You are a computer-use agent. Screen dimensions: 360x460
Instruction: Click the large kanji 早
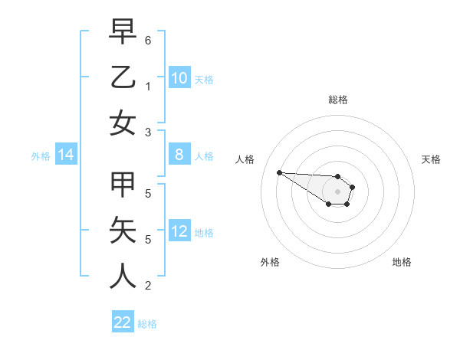[123, 32]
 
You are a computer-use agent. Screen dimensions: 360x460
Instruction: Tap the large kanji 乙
[123, 77]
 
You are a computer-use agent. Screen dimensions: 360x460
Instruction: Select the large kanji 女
[123, 123]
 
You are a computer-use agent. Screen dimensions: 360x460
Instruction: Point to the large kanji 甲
[123, 186]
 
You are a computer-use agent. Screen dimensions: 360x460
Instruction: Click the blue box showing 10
[179, 77]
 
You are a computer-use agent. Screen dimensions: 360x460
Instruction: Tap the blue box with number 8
[179, 155]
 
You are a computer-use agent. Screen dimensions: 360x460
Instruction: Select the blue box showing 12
[179, 231]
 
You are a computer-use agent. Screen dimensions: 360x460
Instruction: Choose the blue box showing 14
[66, 155]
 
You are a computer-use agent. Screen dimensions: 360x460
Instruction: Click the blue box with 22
[123, 322]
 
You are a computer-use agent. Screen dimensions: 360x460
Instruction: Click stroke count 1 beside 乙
[148, 86]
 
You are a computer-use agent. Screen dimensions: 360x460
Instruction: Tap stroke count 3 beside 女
[148, 131]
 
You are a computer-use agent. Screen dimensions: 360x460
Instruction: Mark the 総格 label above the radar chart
[337, 100]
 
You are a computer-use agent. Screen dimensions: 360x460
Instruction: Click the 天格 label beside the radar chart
[432, 159]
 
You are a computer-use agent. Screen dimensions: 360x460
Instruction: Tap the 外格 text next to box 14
[41, 155]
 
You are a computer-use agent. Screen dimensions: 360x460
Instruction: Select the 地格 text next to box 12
[204, 233]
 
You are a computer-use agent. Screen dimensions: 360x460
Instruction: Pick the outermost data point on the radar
[279, 172]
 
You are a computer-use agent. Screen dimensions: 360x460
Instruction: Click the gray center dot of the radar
[337, 191]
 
